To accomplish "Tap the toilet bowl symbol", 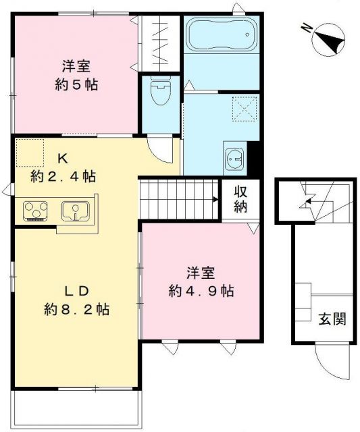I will (160, 92).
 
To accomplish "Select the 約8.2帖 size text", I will (77, 310).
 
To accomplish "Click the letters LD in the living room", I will (77, 291).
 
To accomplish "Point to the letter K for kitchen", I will (61, 159).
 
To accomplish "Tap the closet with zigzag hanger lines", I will (161, 40).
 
